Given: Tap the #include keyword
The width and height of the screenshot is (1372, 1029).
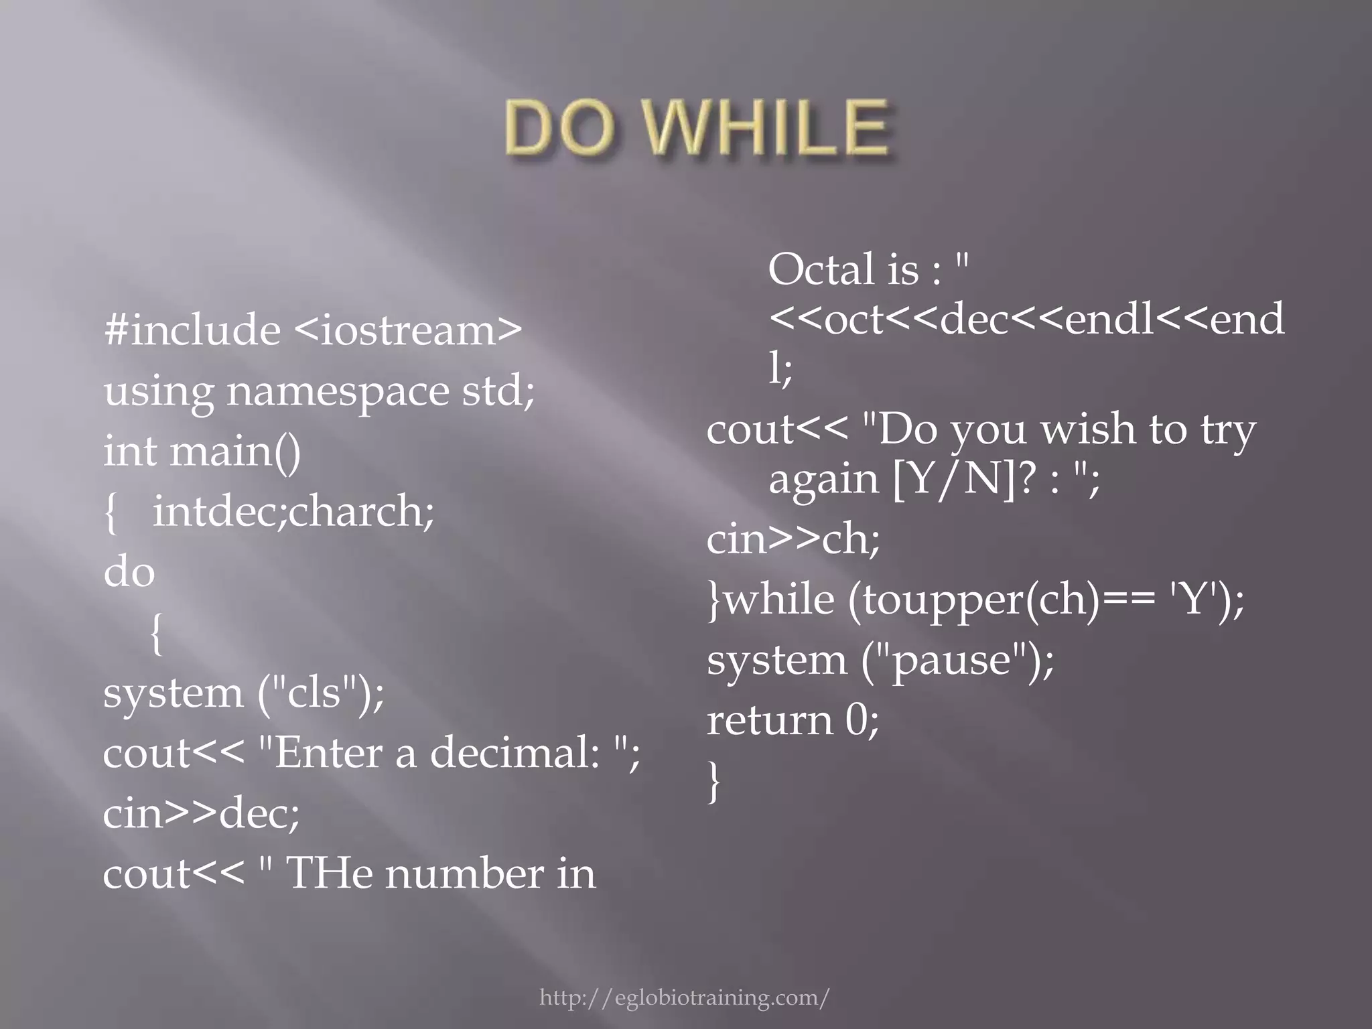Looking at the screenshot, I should (192, 330).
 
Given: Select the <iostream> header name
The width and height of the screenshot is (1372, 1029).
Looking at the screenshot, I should (407, 330).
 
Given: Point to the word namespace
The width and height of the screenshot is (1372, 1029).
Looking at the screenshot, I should (338, 392).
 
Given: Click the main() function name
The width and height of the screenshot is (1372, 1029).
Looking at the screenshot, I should (235, 451).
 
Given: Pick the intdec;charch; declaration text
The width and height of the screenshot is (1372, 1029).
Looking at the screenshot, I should (293, 512).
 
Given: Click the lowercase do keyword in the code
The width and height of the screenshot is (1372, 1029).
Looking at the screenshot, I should (129, 572).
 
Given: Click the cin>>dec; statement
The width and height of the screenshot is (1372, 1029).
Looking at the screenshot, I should (201, 813).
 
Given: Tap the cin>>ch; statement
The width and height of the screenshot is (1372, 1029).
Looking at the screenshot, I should (793, 539).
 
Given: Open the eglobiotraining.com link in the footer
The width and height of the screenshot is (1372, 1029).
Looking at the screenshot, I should (684, 998).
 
